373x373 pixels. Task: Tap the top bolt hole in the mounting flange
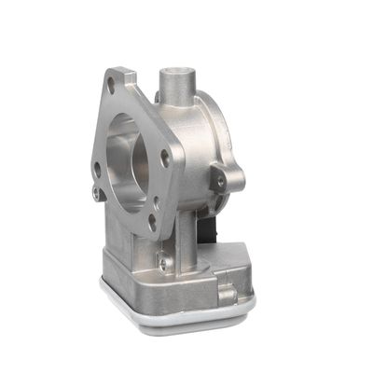click(112, 86)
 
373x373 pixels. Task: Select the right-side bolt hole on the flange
click(166, 159)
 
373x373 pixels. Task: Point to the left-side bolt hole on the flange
click(97, 169)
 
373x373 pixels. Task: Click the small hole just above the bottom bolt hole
click(155, 201)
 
